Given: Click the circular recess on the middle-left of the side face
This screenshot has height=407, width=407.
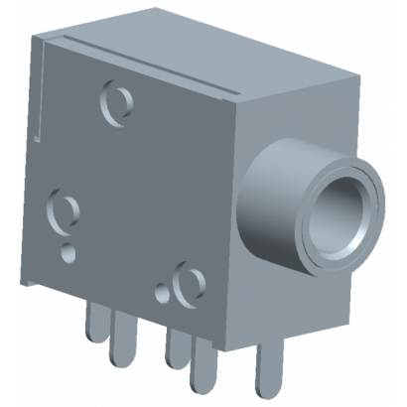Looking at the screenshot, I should tap(64, 211).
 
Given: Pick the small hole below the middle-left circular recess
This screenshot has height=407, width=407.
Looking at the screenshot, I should tap(68, 251).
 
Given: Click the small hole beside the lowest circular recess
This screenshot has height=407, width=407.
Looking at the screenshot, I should tap(162, 294).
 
